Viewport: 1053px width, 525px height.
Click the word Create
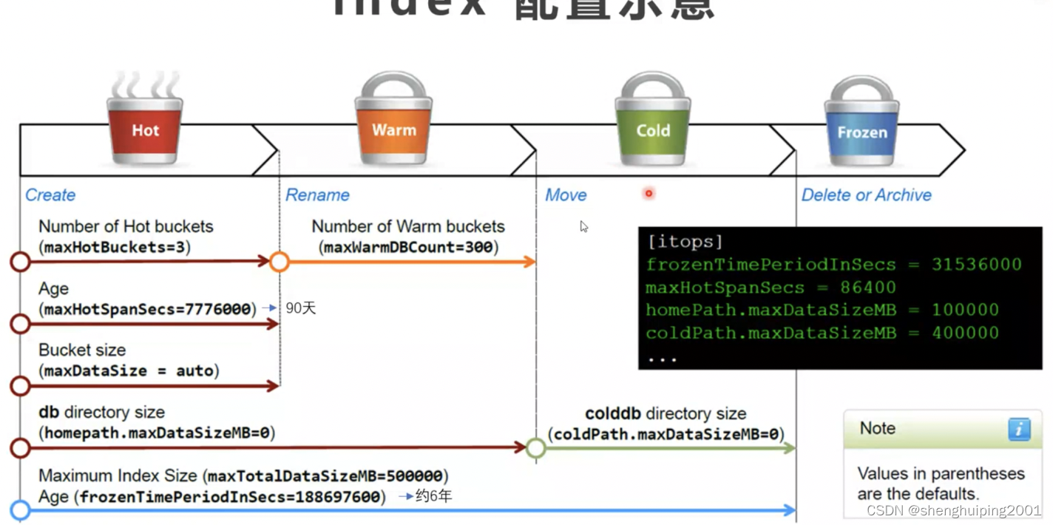pyautogui.click(x=50, y=195)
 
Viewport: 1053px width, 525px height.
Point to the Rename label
pyautogui.click(x=317, y=195)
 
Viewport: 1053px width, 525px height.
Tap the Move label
pyautogui.click(x=566, y=195)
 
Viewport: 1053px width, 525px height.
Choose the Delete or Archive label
pyautogui.click(x=866, y=195)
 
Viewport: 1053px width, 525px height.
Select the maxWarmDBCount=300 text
pyautogui.click(x=408, y=247)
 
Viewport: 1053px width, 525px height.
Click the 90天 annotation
pyautogui.click(x=301, y=308)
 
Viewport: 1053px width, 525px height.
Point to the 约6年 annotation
pyautogui.click(x=433, y=495)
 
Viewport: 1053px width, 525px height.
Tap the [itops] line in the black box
pyautogui.click(x=684, y=242)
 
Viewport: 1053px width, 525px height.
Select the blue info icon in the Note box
pyautogui.click(x=1019, y=429)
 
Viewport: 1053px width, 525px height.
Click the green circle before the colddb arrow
pyautogui.click(x=536, y=448)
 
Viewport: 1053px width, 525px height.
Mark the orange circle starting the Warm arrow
pyautogui.click(x=280, y=261)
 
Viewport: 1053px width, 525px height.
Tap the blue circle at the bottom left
pyautogui.click(x=21, y=509)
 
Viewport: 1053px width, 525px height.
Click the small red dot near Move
pyautogui.click(x=649, y=194)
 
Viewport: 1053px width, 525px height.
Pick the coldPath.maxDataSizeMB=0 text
pyautogui.click(x=666, y=434)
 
